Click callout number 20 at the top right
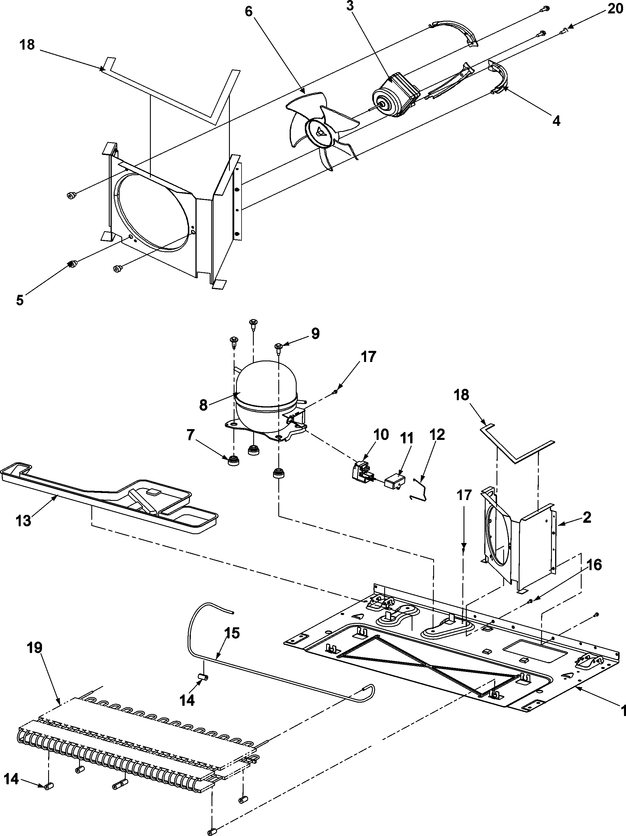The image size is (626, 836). coord(615,8)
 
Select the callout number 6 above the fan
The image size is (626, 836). coord(248,11)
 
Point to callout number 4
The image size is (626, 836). coord(556,121)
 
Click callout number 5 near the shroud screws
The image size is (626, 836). coord(20,300)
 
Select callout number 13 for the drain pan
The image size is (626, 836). coord(23,520)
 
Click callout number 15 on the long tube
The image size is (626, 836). coord(232,633)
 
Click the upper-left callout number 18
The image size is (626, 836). coord(27,45)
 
